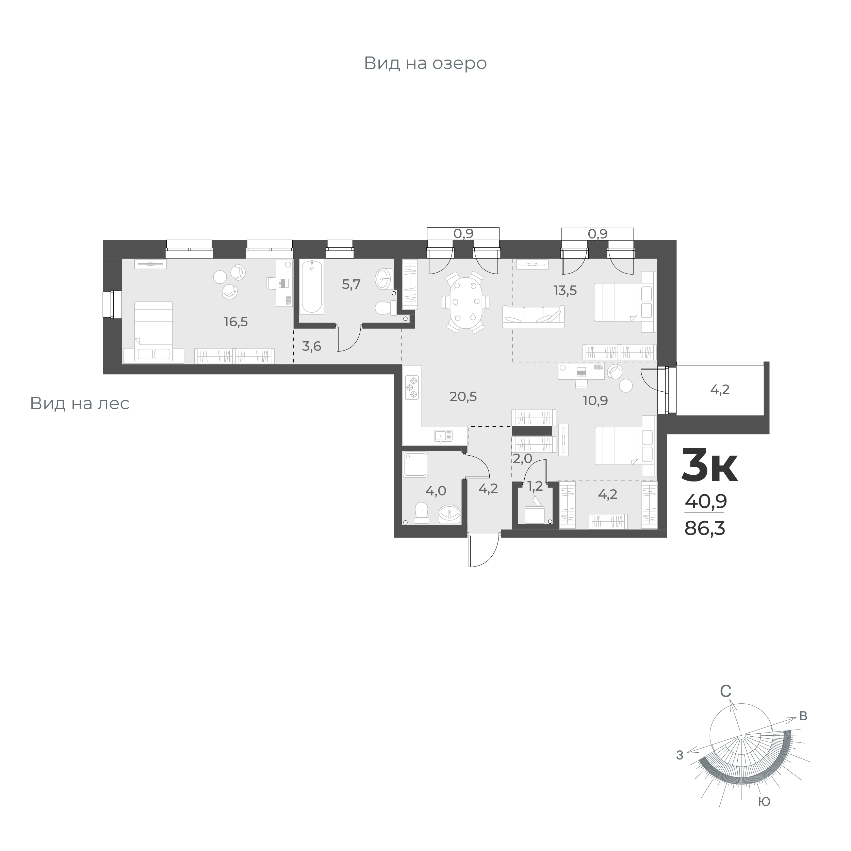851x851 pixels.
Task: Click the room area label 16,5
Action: pyautogui.click(x=236, y=322)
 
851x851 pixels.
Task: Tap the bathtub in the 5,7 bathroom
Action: pyautogui.click(x=312, y=287)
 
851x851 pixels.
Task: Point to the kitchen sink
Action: pyautogui.click(x=443, y=436)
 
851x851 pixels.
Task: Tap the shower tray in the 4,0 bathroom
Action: pyautogui.click(x=415, y=464)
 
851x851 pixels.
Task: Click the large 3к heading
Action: pyautogui.click(x=709, y=465)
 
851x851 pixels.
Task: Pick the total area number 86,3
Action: pyautogui.click(x=704, y=528)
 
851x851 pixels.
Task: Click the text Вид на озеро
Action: pyautogui.click(x=425, y=63)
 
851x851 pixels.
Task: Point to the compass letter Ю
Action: pyautogui.click(x=764, y=802)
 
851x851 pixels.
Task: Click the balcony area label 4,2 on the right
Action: pyautogui.click(x=720, y=389)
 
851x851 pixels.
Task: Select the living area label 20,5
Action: pyautogui.click(x=463, y=397)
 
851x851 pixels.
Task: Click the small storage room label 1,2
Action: pyautogui.click(x=535, y=486)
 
